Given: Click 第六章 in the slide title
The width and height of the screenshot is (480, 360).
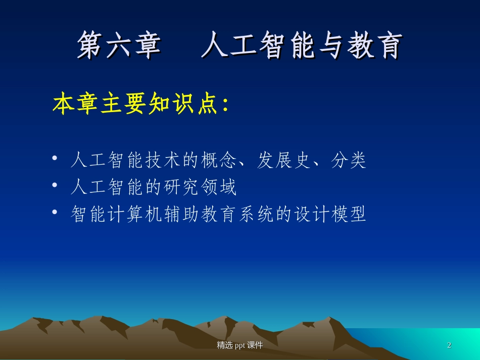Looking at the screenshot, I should pos(119,46).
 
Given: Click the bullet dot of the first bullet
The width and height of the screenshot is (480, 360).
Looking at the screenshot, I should pos(55,160).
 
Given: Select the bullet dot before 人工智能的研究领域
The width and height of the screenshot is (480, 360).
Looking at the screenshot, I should pos(55,187).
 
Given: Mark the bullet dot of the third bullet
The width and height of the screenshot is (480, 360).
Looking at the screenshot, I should pos(55,215).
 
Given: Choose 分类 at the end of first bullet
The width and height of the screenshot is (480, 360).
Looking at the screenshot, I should pos(349,161).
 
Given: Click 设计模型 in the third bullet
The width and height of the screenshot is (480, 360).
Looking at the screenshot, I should pos(330,215).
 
